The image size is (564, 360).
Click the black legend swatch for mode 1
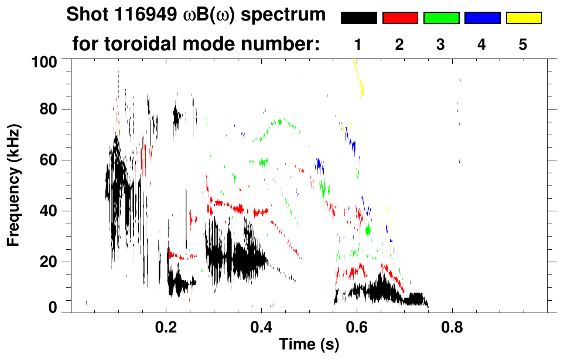click(x=359, y=18)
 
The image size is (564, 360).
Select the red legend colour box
click(x=400, y=18)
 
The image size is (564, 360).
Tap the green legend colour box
click(x=441, y=18)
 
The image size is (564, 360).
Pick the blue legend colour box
click(x=482, y=18)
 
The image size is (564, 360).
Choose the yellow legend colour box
click(x=523, y=18)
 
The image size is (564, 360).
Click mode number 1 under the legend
click(x=358, y=44)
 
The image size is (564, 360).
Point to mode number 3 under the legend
click(x=440, y=44)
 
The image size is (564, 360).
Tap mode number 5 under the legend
click(x=522, y=44)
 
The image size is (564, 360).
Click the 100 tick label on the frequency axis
click(x=45, y=60)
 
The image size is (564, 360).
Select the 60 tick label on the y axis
click(x=49, y=160)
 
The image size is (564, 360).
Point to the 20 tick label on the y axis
click(x=49, y=262)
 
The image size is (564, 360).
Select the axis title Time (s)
click(x=309, y=345)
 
